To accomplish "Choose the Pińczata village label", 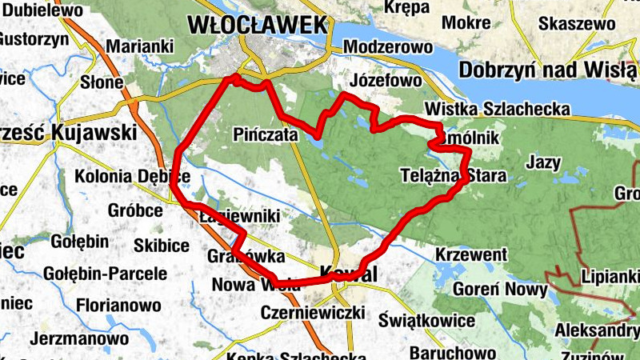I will point(267,133).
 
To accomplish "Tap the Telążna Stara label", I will point(453,175).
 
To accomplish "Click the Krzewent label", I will point(471,254).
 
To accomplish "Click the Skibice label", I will point(162,244).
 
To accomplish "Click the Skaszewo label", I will point(577,24).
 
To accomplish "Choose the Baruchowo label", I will point(448,352).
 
